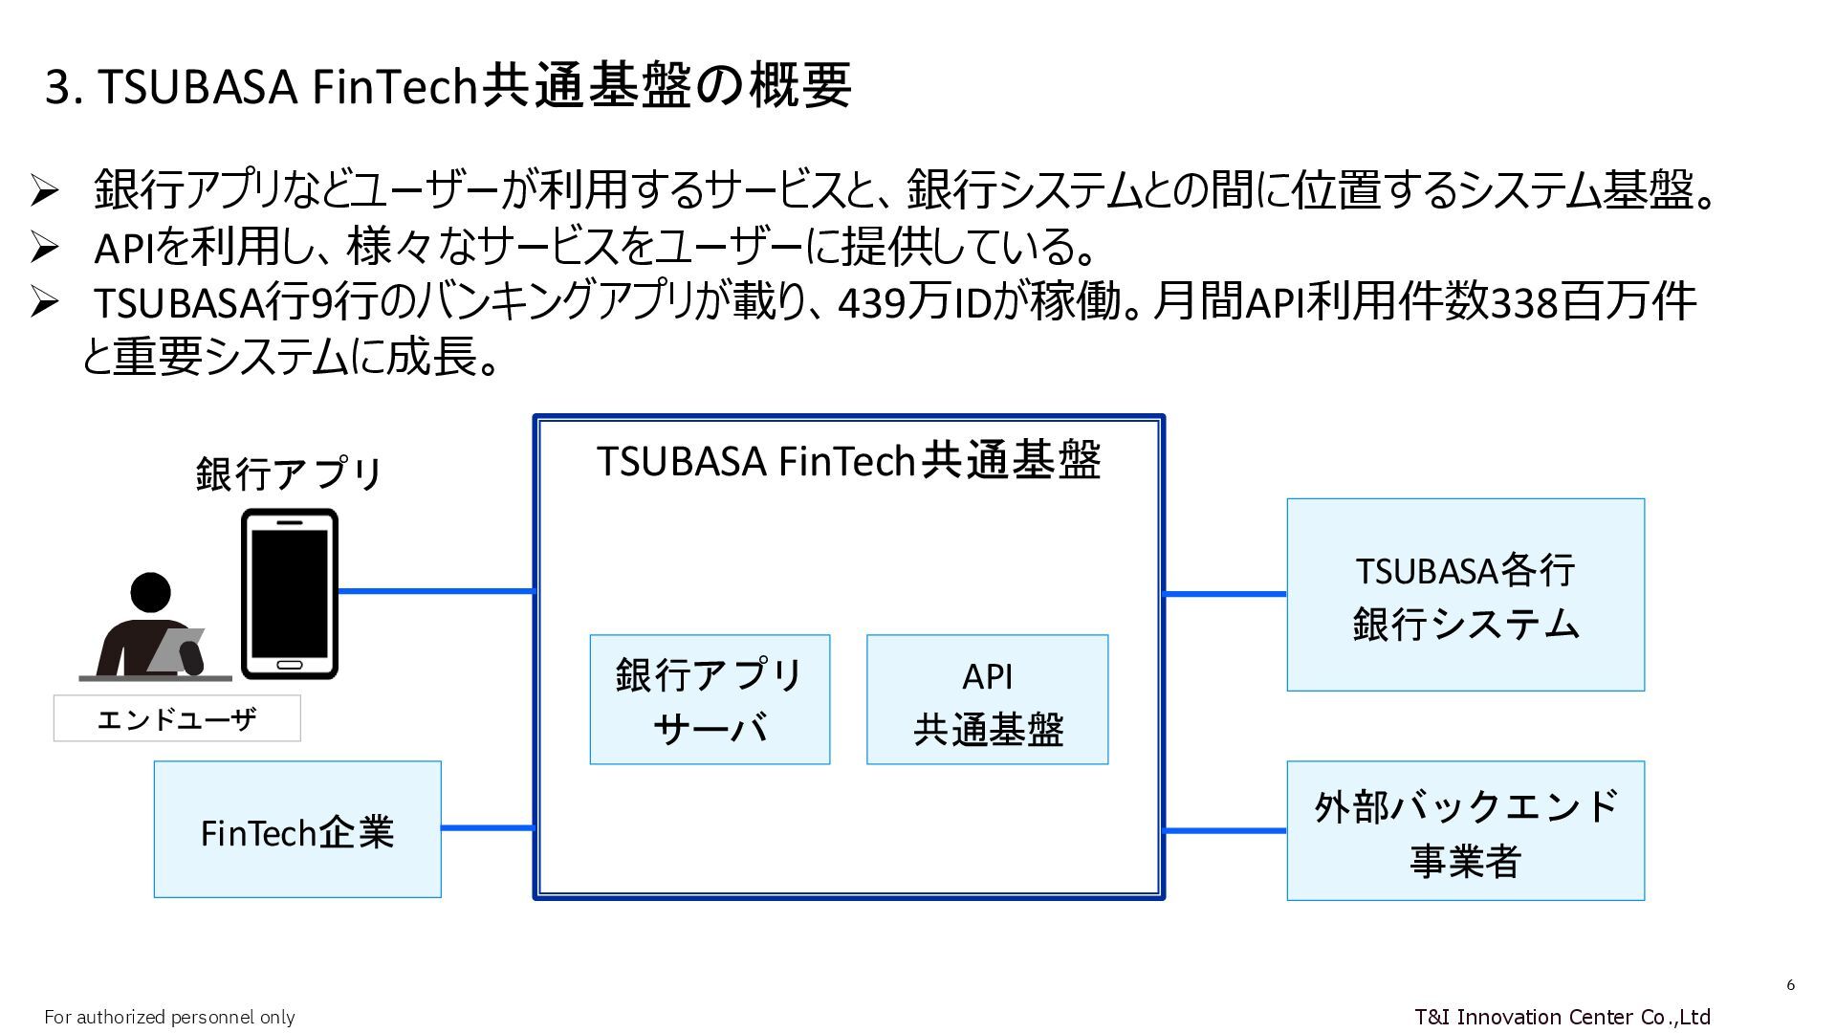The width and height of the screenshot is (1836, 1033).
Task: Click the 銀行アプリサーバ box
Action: pos(710,699)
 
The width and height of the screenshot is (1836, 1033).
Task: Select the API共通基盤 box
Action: pos(987,699)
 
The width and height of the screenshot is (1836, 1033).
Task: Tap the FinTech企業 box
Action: pos(297,829)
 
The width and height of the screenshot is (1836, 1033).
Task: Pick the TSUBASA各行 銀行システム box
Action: pos(1465,594)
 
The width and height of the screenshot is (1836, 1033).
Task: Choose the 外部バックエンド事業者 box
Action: pos(1465,830)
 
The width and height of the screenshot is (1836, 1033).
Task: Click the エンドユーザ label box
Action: pos(177,718)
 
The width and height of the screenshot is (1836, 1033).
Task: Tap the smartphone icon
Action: pos(290,593)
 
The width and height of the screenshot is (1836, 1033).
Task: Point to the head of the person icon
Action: pos(150,592)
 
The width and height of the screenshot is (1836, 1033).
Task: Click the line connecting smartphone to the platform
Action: pos(435,591)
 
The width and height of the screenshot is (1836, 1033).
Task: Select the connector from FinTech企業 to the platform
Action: pos(487,827)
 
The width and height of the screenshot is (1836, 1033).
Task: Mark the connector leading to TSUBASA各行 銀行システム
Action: pos(1225,594)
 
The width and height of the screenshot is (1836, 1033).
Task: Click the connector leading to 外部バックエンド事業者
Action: pos(1225,830)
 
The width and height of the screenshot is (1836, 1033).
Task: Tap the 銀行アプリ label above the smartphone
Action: pos(289,473)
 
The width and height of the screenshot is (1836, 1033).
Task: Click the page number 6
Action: pos(1790,985)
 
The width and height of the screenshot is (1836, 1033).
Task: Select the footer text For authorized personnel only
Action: pos(169,1017)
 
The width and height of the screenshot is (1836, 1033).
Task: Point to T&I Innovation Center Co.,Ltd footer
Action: pos(1562,1016)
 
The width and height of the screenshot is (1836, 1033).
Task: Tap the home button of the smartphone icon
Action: pos(290,665)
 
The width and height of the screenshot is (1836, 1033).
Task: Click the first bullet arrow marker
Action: pos(45,190)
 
